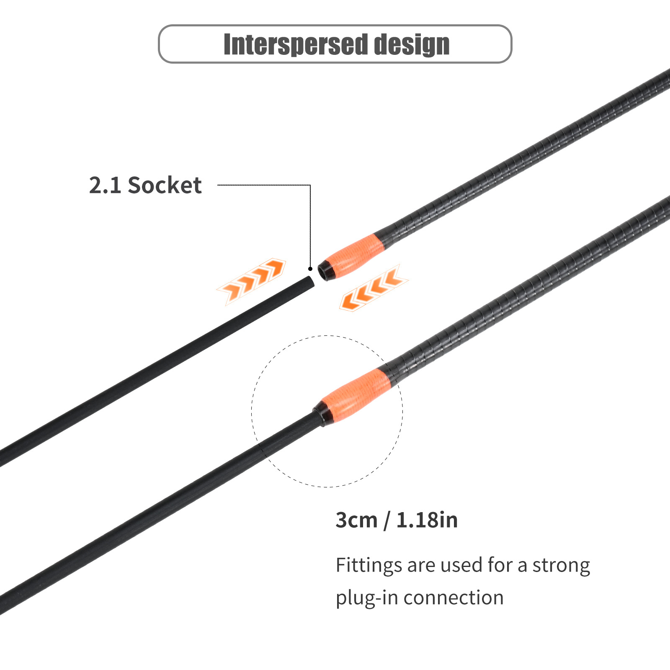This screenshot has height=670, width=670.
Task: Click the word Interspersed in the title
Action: [x=295, y=44]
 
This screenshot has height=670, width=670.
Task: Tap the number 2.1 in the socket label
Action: [x=105, y=185]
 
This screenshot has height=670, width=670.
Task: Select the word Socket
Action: [x=165, y=185]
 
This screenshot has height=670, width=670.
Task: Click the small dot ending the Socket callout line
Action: [x=310, y=269]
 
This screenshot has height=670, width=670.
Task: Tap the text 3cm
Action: [x=356, y=520]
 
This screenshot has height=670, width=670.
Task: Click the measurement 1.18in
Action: [x=427, y=520]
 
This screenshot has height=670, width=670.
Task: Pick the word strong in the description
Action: [x=561, y=565]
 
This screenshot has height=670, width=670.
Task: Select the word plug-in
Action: [x=366, y=598]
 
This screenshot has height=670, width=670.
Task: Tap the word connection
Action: [x=454, y=598]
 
